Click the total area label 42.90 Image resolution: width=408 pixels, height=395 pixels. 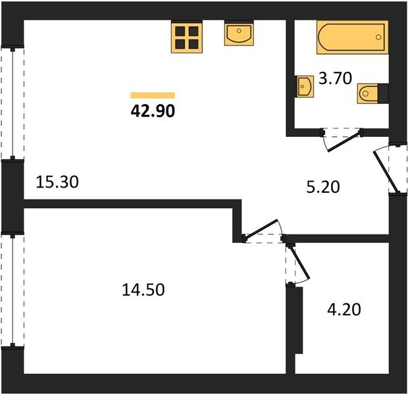pyautogui.click(x=153, y=111)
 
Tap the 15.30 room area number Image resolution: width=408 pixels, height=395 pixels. pyautogui.click(x=57, y=182)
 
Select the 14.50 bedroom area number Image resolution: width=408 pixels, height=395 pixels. pyautogui.click(x=143, y=290)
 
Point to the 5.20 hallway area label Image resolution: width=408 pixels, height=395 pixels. pyautogui.click(x=323, y=187)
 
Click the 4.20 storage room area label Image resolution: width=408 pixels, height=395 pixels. pyautogui.click(x=344, y=309)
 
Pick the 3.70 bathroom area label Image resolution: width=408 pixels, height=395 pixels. pyautogui.click(x=335, y=78)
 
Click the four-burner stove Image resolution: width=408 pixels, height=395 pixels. pyautogui.click(x=187, y=38)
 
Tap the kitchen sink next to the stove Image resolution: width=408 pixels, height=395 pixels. pyautogui.click(x=239, y=34)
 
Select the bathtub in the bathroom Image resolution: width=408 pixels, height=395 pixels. pyautogui.click(x=352, y=38)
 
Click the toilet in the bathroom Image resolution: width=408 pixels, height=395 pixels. pyautogui.click(x=373, y=93)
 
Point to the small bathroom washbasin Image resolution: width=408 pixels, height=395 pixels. pyautogui.click(x=305, y=86)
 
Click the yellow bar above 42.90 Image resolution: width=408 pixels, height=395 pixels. pyautogui.click(x=153, y=95)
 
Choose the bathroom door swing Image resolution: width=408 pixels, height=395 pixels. pyautogui.click(x=342, y=140)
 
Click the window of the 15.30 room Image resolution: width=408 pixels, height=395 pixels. pyautogui.click(x=13, y=103)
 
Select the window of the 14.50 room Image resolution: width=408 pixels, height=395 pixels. pyautogui.click(x=13, y=290)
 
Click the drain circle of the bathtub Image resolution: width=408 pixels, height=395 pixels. pyautogui.click(x=378, y=38)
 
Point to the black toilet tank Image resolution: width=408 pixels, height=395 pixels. pyautogui.click(x=383, y=93)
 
